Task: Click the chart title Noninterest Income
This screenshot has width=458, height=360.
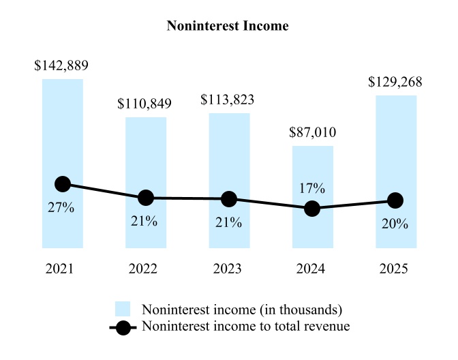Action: [x=228, y=27]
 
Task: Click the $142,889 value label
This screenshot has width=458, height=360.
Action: [x=62, y=66]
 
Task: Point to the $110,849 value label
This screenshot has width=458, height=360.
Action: [x=144, y=104]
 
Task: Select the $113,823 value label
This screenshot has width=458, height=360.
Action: [x=228, y=100]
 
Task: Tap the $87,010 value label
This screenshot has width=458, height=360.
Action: [x=312, y=132]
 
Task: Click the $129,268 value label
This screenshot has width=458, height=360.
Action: [x=395, y=82]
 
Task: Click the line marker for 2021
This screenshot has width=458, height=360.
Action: [x=63, y=184]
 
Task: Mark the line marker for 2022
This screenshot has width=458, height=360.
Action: [x=146, y=198]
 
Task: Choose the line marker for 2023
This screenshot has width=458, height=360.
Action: [x=229, y=199]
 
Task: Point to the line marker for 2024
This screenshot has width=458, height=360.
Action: [x=312, y=209]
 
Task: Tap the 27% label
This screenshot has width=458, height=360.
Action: [x=61, y=208]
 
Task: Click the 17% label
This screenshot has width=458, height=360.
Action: [x=312, y=188]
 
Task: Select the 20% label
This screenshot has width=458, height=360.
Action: [x=395, y=224]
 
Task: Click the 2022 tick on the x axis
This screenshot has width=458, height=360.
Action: [x=145, y=269]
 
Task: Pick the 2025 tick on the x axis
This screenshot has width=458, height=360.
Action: [x=395, y=269]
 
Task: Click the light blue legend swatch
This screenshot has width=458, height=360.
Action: [x=123, y=308]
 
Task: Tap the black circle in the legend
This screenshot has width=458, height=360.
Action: [x=123, y=327]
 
